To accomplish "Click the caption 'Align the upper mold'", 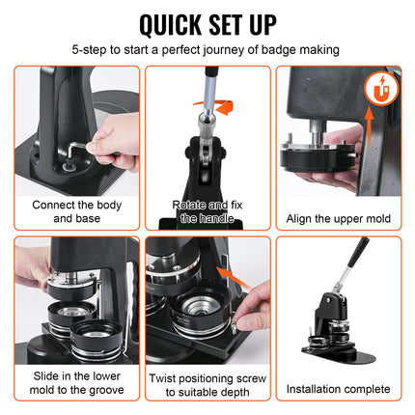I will coord(339,218).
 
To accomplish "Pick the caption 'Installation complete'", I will coord(339,389).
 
